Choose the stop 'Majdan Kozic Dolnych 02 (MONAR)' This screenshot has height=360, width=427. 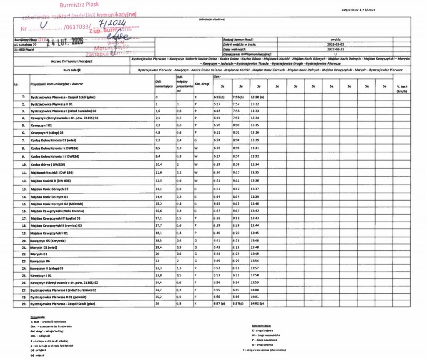tap(55, 204)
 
